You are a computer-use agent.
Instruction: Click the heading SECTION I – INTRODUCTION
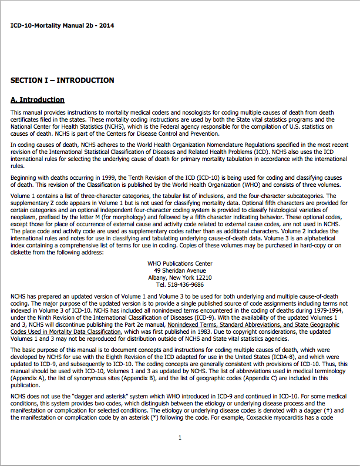point(62,80)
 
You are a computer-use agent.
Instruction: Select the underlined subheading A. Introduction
point(38,100)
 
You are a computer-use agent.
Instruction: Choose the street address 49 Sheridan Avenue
point(179,271)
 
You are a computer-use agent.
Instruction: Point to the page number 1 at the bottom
point(180,437)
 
